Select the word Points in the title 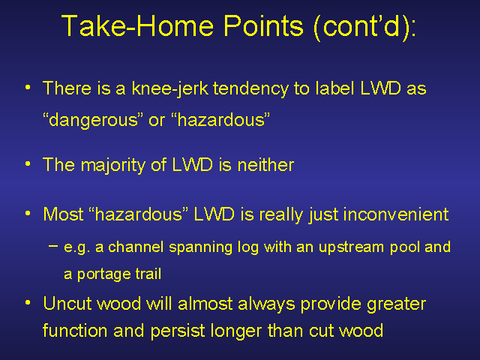pos(263,25)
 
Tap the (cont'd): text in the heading pos(365,27)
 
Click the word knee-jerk pos(170,88)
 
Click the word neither pos(265,165)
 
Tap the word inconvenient pos(396,214)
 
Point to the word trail pos(148,273)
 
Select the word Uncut pos(67,304)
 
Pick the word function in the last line pos(75,331)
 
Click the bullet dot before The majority pos(28,164)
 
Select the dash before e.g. pos(53,246)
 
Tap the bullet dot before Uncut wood pos(28,303)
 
